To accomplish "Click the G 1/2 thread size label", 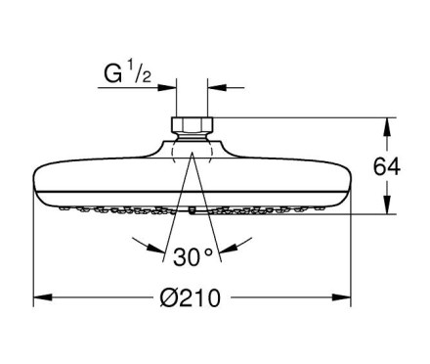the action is point(127,73).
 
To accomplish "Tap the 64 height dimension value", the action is point(387,166).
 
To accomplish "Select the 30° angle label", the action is point(193,256).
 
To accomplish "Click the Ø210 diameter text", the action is point(191,297).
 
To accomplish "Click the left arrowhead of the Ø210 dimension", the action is point(43,297).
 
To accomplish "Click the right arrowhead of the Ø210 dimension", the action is point(341,297).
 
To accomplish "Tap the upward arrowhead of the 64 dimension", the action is point(387,126).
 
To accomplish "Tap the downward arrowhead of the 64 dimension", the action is point(387,205).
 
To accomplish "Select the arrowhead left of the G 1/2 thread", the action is point(167,87).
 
